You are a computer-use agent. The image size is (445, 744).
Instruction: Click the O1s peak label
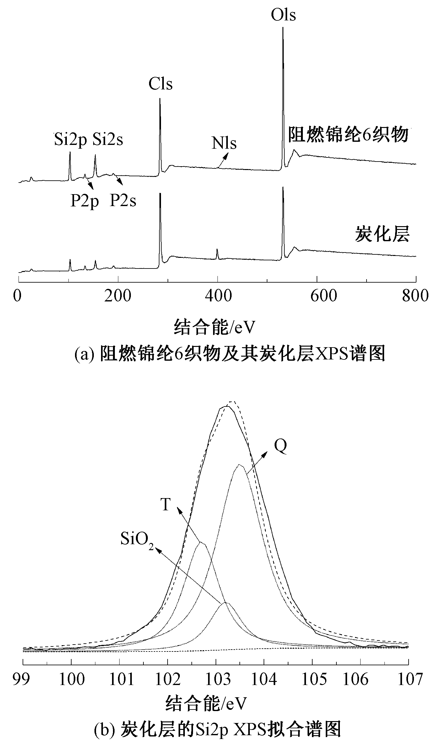[283, 15]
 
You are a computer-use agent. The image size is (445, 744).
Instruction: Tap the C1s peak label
[161, 84]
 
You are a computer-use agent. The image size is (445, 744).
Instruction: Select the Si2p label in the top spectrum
[71, 140]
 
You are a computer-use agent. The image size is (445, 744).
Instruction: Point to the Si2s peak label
[108, 140]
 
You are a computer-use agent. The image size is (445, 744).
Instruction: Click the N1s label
[224, 143]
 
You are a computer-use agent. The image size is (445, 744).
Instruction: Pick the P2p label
[84, 201]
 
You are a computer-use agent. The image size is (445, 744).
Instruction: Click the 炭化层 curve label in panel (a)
[382, 235]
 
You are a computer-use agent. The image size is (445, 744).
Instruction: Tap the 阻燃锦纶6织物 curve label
[348, 135]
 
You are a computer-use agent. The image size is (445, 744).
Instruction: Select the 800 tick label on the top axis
[415, 296]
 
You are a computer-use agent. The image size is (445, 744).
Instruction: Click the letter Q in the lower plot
[280, 446]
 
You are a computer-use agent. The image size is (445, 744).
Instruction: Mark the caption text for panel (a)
[230, 354]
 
